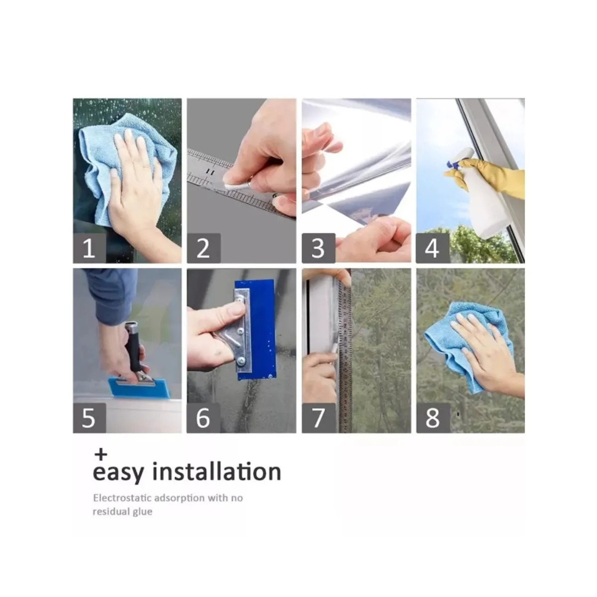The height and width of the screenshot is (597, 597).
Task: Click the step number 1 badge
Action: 89,248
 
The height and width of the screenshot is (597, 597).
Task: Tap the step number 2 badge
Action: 203,248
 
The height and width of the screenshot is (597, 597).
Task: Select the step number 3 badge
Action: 318,248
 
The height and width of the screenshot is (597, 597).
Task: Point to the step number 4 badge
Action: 433,248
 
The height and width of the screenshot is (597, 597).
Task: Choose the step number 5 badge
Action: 89,418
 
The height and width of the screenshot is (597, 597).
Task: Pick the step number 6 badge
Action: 203,418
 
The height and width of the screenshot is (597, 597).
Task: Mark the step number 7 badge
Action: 319,418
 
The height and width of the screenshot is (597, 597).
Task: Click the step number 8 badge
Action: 433,418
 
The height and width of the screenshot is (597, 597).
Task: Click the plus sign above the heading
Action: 101,455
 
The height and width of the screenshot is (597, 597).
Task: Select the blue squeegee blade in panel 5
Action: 139,387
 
